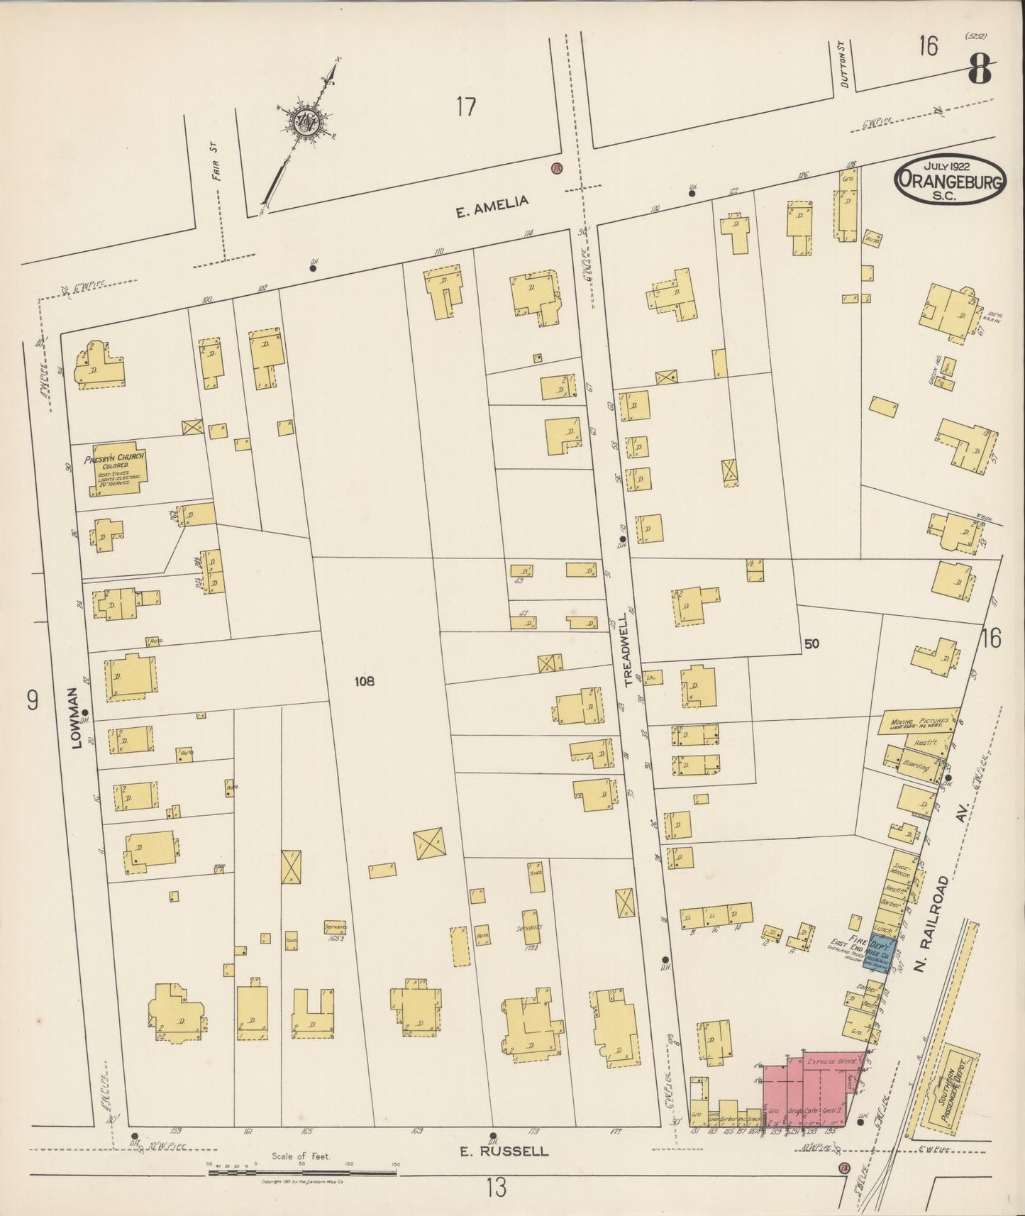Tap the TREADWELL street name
[628, 649]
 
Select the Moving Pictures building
[918, 723]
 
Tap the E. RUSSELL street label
[504, 1151]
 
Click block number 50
[812, 643]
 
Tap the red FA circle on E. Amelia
[557, 168]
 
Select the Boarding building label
[916, 766]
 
